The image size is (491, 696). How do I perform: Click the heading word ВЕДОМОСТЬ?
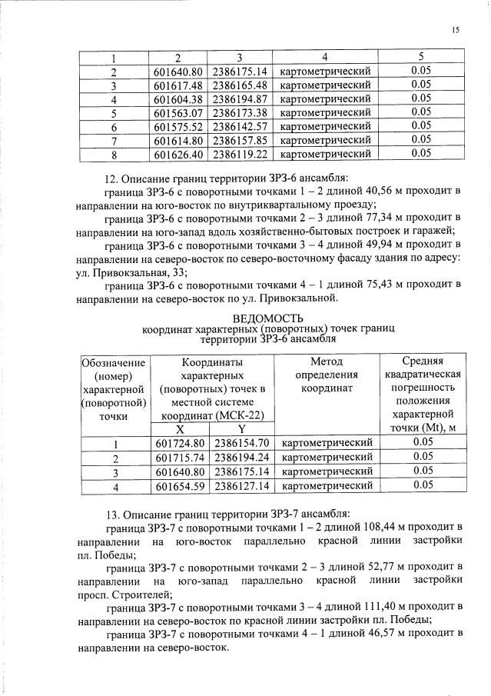pyautogui.click(x=268, y=318)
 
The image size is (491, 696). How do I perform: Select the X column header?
pyautogui.click(x=180, y=429)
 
